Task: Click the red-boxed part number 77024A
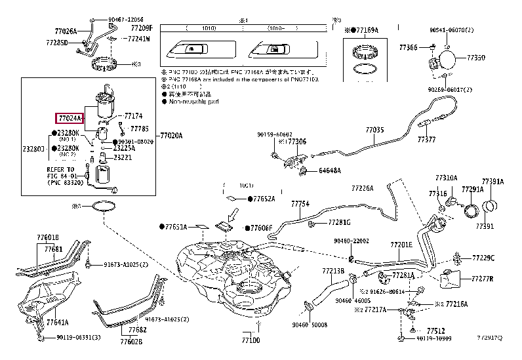coord(69,118)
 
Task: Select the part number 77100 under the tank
coord(251,341)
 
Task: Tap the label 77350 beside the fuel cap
coord(475,58)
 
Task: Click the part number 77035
coord(374,130)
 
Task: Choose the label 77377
coord(426,140)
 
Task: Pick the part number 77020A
coord(171,136)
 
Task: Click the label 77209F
coord(140,28)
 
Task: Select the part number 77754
coord(300,204)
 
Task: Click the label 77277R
coord(483,279)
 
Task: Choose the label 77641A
coord(57,323)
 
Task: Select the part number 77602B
coord(131,341)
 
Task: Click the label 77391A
coord(492,181)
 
